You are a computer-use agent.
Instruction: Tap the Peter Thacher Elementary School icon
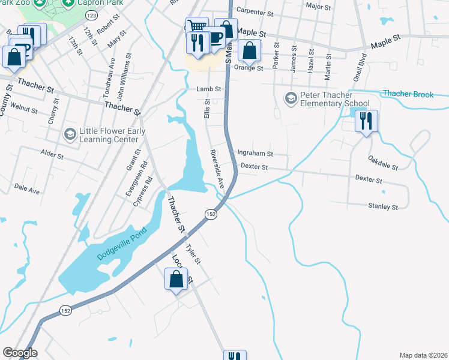point(291,98)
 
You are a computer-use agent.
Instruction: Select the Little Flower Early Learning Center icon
point(70,133)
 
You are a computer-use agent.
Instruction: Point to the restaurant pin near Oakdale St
point(364,122)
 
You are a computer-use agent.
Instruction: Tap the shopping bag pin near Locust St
point(175,280)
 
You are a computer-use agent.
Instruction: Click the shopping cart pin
point(197,27)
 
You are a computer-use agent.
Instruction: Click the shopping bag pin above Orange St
point(249,51)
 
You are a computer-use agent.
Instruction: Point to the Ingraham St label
point(255,154)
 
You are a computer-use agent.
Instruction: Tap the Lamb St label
point(209,89)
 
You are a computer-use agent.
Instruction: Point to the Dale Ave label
point(27,190)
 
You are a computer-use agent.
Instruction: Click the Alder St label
point(52,155)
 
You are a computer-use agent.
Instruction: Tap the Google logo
point(20,352)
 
